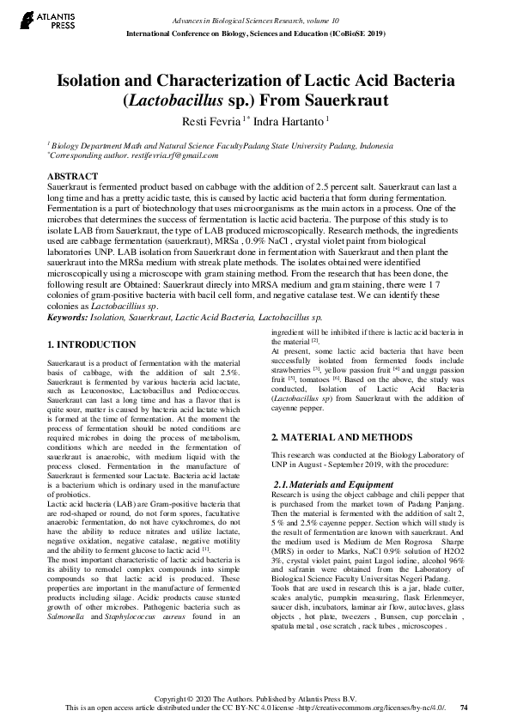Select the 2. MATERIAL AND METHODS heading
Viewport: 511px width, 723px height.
[332, 437]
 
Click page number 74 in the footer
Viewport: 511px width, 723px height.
[464, 708]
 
